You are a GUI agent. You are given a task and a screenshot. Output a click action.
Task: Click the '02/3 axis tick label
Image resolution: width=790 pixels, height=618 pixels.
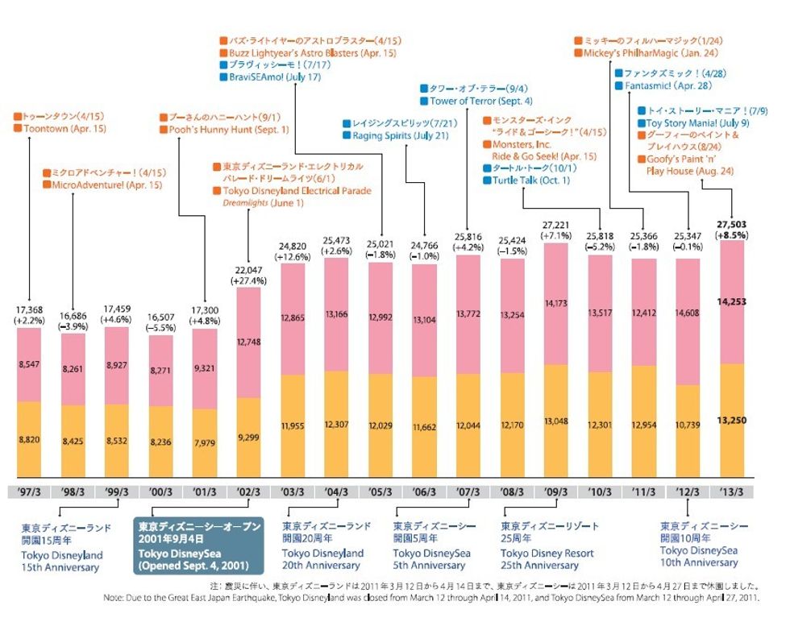[x=248, y=492]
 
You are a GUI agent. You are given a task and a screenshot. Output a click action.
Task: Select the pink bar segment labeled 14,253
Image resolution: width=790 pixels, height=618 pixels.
[x=731, y=301]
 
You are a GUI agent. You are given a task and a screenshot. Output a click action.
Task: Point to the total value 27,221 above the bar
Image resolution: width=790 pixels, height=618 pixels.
[x=558, y=224]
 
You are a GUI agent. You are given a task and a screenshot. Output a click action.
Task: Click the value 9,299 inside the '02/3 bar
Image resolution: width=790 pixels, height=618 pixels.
[x=248, y=436]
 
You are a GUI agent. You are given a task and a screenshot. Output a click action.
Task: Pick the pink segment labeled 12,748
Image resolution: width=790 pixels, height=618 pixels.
[x=248, y=342]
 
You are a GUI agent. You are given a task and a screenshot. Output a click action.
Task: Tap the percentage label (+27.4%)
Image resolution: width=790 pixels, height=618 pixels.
[x=248, y=281]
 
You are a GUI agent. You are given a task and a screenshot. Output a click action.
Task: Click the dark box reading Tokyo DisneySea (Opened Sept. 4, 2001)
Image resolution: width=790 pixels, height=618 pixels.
[x=197, y=548]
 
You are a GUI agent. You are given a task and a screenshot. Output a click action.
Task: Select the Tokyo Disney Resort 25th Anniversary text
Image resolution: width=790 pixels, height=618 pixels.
[x=547, y=559]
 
